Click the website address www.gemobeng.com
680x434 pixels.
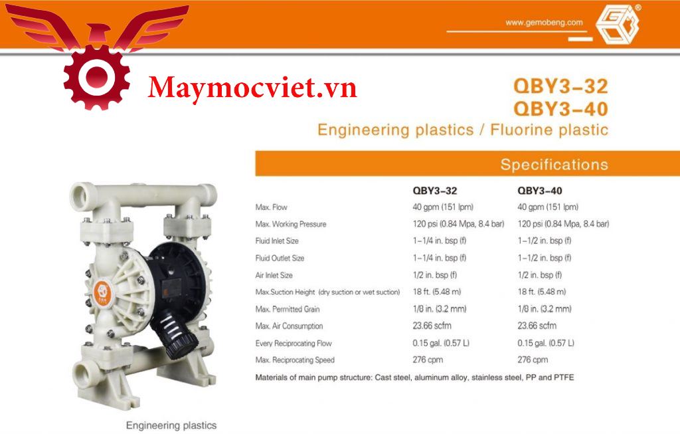(x=544, y=23)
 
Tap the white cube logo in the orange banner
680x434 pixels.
(x=618, y=25)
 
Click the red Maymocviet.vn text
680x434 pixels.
(x=252, y=88)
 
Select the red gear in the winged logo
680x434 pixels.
(x=96, y=77)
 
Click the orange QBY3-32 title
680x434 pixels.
(x=560, y=86)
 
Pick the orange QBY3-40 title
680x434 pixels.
(x=560, y=108)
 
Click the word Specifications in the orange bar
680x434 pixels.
(x=554, y=164)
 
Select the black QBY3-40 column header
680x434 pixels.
(x=539, y=191)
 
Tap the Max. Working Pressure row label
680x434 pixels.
(x=291, y=224)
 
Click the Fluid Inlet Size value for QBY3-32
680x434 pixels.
(x=440, y=241)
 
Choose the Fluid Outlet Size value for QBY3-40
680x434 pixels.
(x=545, y=258)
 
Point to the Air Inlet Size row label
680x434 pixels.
(x=274, y=275)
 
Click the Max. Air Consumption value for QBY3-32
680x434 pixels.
(x=432, y=326)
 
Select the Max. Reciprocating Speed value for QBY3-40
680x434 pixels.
(x=533, y=360)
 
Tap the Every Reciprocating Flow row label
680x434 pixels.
(x=293, y=344)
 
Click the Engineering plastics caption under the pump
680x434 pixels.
(x=171, y=425)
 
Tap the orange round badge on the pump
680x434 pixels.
(x=102, y=294)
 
